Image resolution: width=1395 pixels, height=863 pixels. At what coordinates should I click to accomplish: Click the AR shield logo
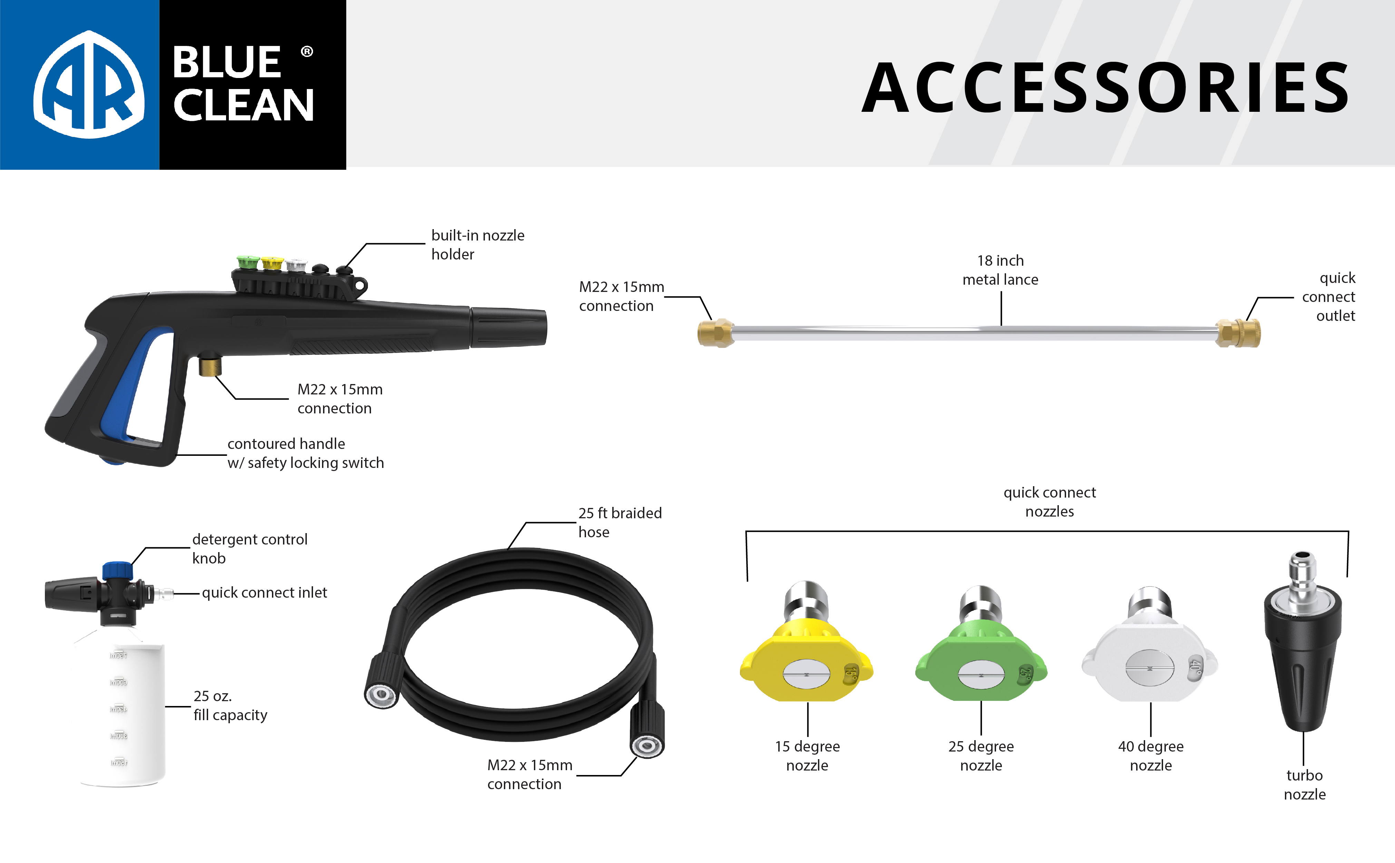[x=88, y=85]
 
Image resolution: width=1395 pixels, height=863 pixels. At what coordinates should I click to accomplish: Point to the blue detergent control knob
[x=117, y=570]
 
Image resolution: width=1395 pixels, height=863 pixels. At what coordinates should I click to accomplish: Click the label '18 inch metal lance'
[x=1000, y=270]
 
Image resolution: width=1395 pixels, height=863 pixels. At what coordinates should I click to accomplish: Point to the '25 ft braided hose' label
[x=620, y=522]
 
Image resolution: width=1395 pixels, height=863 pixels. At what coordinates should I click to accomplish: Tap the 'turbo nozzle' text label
[x=1304, y=785]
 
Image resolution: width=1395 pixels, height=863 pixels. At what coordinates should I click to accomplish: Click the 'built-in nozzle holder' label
[x=478, y=244]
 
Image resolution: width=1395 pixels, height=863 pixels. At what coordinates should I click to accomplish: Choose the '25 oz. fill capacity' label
[x=230, y=705]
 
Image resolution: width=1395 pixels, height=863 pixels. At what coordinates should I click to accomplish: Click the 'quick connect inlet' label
[x=264, y=592]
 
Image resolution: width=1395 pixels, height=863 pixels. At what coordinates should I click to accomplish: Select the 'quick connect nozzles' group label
[x=1049, y=502]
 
